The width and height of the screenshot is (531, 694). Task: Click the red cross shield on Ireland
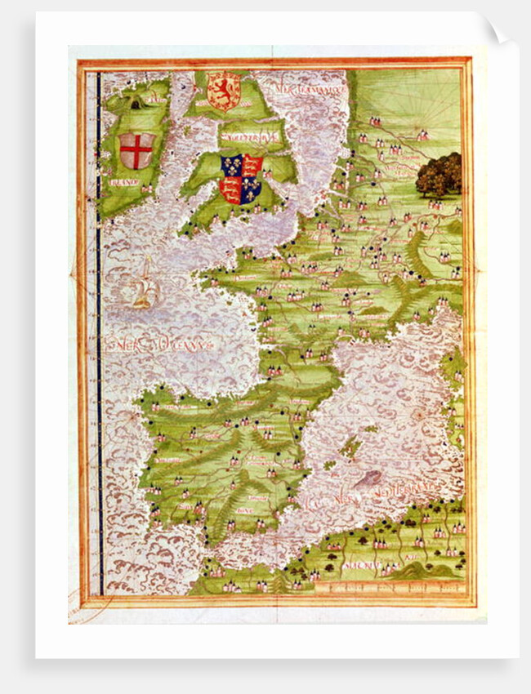[136, 150]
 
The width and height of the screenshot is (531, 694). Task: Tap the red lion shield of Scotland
[222, 91]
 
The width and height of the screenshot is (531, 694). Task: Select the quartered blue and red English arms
[241, 179]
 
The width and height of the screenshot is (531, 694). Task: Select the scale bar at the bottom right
[408, 585]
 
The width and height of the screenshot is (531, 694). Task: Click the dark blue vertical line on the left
[99, 327]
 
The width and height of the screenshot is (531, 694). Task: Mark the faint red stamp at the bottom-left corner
[82, 608]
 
